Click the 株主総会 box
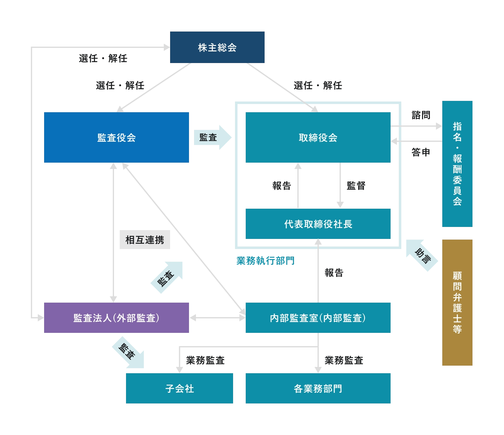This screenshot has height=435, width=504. [x=217, y=47]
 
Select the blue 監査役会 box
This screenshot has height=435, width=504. [x=116, y=137]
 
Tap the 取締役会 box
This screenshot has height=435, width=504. [x=318, y=137]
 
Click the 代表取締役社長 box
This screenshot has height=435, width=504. [x=318, y=224]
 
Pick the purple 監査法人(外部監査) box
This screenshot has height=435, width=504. [x=116, y=318]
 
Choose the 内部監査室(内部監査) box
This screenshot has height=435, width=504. [x=318, y=318]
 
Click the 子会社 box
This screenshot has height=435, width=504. [x=180, y=388]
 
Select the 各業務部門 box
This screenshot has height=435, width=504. [x=318, y=388]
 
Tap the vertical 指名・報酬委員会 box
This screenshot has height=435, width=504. [x=457, y=164]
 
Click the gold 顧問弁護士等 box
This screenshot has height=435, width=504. [x=457, y=303]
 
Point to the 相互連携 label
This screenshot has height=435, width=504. [x=145, y=240]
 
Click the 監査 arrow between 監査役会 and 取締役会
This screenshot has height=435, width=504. [x=212, y=137]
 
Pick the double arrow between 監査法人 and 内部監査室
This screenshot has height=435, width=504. [x=217, y=318]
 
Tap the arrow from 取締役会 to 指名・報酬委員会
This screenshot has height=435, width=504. [x=416, y=126]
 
